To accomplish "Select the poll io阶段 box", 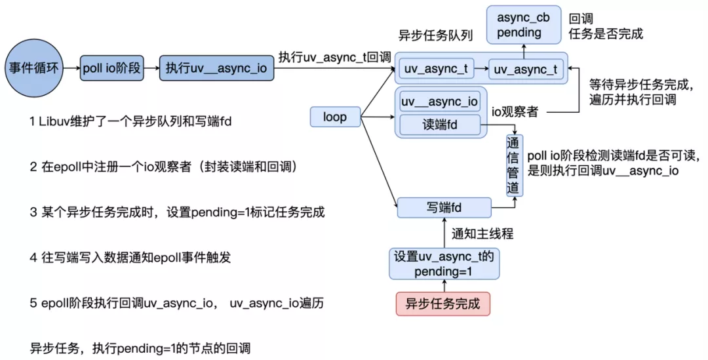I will pyautogui.click(x=112, y=68).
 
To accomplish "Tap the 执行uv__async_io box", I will pyautogui.click(x=216, y=68).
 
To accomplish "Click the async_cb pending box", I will pyautogui.click(x=519, y=25).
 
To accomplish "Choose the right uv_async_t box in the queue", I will pyautogui.click(x=525, y=69).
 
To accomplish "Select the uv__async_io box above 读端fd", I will pyautogui.click(x=439, y=102).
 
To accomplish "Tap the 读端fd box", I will pyautogui.click(x=440, y=125).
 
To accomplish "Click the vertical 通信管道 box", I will pyautogui.click(x=514, y=164).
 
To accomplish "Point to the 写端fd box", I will pyautogui.click(x=444, y=207).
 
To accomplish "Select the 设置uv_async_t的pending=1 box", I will pyautogui.click(x=444, y=264).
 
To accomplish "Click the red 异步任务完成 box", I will pyautogui.click(x=442, y=304).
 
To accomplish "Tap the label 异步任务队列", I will pyautogui.click(x=435, y=35).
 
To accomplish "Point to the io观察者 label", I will pyautogui.click(x=515, y=112).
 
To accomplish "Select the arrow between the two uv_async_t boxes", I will pyautogui.click(x=481, y=69).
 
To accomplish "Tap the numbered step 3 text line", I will pyautogui.click(x=177, y=212).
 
